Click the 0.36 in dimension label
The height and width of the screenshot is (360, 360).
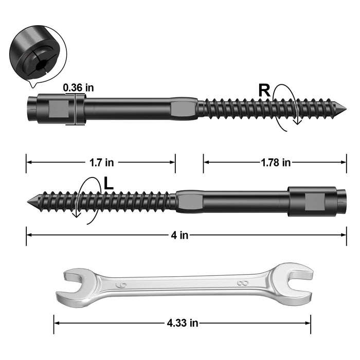[78, 87]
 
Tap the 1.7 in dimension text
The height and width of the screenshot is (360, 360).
[101, 162]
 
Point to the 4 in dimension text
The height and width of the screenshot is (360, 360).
[179, 235]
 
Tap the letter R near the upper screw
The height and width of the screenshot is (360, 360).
[264, 91]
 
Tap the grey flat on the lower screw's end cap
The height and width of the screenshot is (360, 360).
[314, 201]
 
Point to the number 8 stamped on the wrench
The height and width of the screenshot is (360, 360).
[241, 283]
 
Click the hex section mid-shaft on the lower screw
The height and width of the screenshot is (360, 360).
[189, 201]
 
